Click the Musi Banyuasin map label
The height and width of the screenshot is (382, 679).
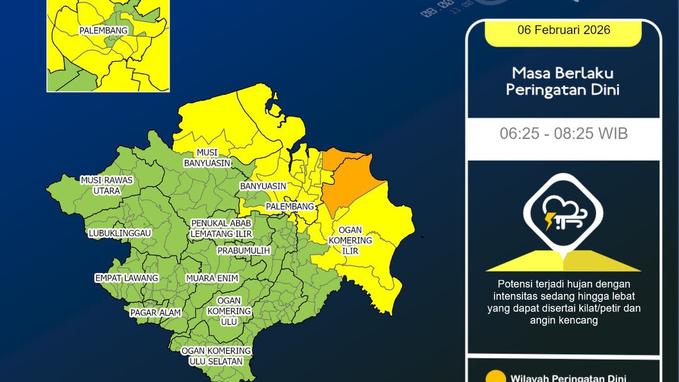207,158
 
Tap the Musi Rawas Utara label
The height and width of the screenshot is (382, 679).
106,185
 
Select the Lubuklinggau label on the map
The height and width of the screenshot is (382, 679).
120,233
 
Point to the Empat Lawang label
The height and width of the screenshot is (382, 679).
126,278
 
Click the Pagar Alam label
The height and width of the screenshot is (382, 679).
155,313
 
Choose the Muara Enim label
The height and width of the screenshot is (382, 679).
212,278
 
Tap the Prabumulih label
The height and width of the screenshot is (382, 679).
243,250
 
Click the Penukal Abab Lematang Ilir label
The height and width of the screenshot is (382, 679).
221,229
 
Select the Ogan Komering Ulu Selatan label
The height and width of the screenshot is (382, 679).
216,356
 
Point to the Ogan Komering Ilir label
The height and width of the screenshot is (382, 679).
350,240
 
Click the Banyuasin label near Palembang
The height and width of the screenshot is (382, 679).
263,186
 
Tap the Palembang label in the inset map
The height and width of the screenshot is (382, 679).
103,31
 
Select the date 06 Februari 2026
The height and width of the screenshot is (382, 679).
563,30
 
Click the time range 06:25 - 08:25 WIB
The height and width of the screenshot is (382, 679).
563,134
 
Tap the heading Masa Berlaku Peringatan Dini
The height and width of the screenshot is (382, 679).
562,81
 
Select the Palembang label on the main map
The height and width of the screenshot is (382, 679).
290,206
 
